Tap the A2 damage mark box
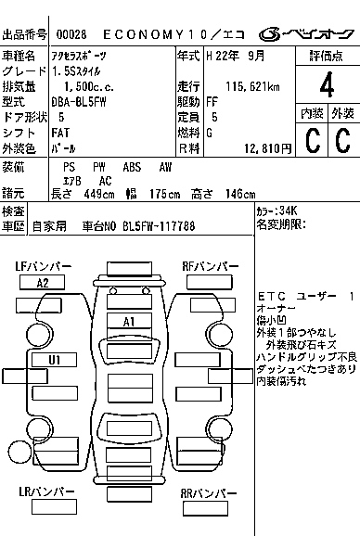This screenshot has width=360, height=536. (x=43, y=283)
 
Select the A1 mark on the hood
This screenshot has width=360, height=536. (x=130, y=321)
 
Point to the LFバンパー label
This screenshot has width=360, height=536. (x=43, y=267)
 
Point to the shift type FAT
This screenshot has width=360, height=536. (x=67, y=133)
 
